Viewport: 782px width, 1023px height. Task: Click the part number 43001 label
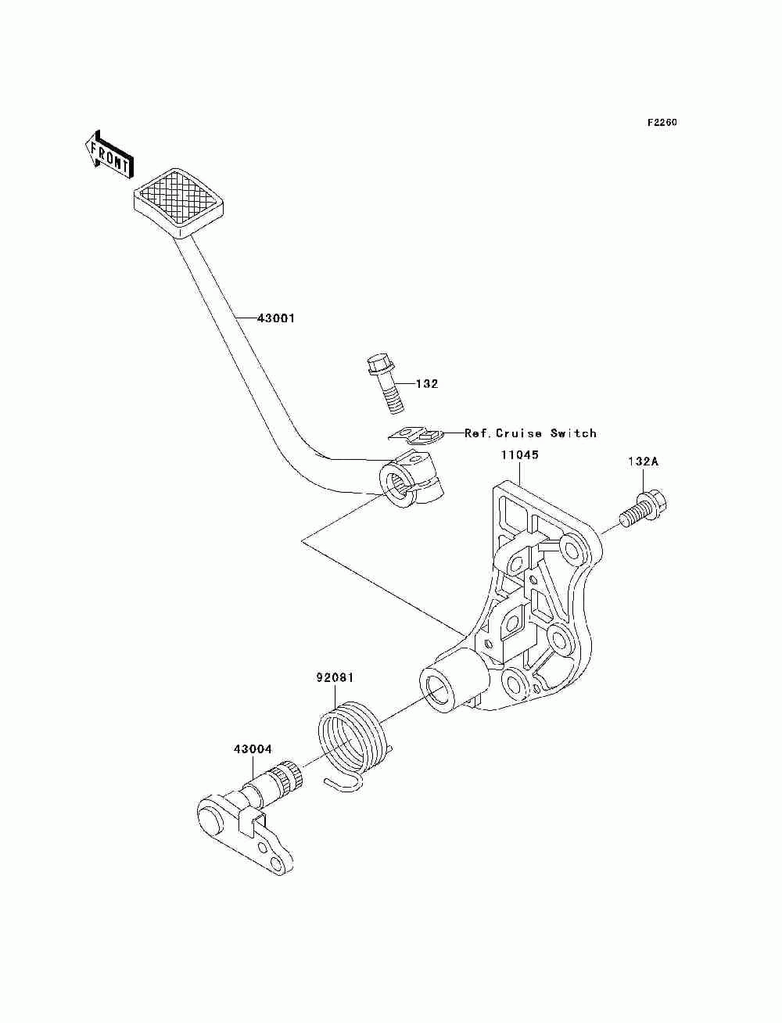click(x=276, y=319)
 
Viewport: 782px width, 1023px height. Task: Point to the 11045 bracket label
click(x=519, y=454)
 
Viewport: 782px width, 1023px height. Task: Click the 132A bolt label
click(x=643, y=461)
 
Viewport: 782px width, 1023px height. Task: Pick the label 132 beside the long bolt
click(x=427, y=384)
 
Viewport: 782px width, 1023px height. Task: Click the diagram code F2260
click(x=662, y=123)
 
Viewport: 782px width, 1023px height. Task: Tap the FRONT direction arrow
click(x=109, y=155)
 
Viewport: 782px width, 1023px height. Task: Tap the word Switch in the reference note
click(x=573, y=433)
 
